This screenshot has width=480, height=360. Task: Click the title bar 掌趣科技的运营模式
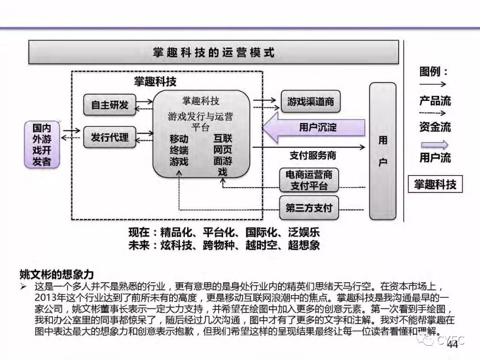[x=213, y=52]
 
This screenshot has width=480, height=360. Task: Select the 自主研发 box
[x=110, y=105]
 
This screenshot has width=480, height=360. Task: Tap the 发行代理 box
[x=110, y=137]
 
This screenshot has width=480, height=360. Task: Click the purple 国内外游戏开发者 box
[x=42, y=144]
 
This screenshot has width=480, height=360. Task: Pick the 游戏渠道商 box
[x=310, y=101]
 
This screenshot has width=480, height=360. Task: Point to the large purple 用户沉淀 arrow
[x=314, y=127]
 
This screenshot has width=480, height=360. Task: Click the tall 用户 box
[x=383, y=151]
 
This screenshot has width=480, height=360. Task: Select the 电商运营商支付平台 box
[x=309, y=180]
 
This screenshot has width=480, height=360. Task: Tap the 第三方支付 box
[x=309, y=208]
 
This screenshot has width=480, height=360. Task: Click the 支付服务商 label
[x=313, y=156]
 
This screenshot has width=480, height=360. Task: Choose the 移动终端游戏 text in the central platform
[x=179, y=150]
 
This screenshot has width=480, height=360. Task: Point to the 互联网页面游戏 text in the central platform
[x=223, y=155]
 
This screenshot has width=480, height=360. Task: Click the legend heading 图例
[x=433, y=72]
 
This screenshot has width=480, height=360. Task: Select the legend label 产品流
[x=435, y=101]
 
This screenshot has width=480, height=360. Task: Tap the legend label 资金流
[x=435, y=127]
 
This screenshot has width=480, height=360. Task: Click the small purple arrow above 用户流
[x=434, y=145]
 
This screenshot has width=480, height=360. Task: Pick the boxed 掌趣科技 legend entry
[x=435, y=184]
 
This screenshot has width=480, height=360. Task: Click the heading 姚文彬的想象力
[x=56, y=274]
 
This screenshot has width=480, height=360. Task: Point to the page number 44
[x=452, y=345]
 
